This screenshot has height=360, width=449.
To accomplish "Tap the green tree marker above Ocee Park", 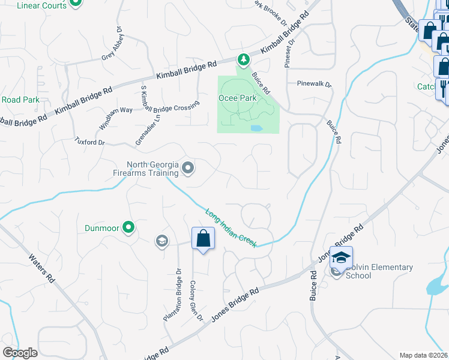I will (x=244, y=59).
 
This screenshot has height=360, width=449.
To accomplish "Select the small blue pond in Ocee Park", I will (x=256, y=128).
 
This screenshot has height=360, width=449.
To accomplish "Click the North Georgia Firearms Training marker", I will (x=188, y=169).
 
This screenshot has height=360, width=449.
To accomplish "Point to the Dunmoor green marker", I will (x=128, y=227).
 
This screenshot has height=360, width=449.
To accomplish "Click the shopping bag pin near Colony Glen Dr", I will (x=203, y=239).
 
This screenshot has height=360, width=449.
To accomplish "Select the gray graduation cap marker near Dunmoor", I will (x=161, y=241).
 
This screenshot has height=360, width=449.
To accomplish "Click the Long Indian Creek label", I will (x=231, y=228).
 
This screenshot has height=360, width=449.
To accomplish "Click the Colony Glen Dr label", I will (x=196, y=300).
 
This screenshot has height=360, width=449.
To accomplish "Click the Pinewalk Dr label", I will (x=314, y=84).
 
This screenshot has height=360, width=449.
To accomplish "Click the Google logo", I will (x=20, y=353).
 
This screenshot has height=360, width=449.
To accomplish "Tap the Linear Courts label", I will (x=40, y=5).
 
